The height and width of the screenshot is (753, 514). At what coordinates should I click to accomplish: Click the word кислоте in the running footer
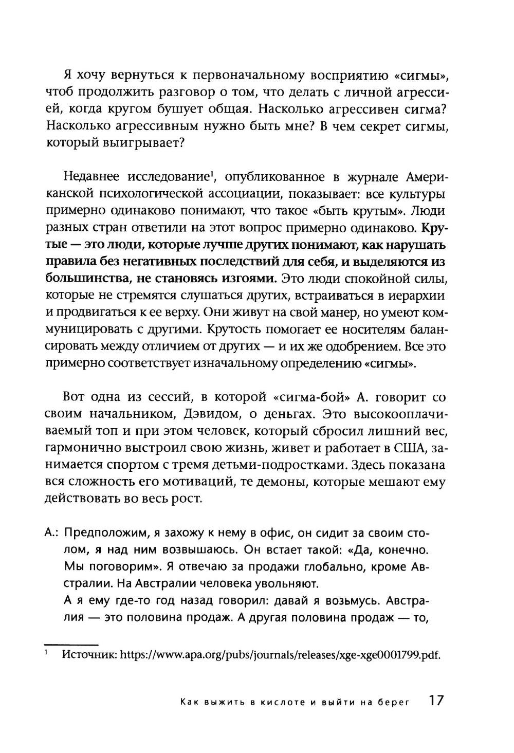coord(280,704)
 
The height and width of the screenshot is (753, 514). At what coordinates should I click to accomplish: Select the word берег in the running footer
coord(394,704)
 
